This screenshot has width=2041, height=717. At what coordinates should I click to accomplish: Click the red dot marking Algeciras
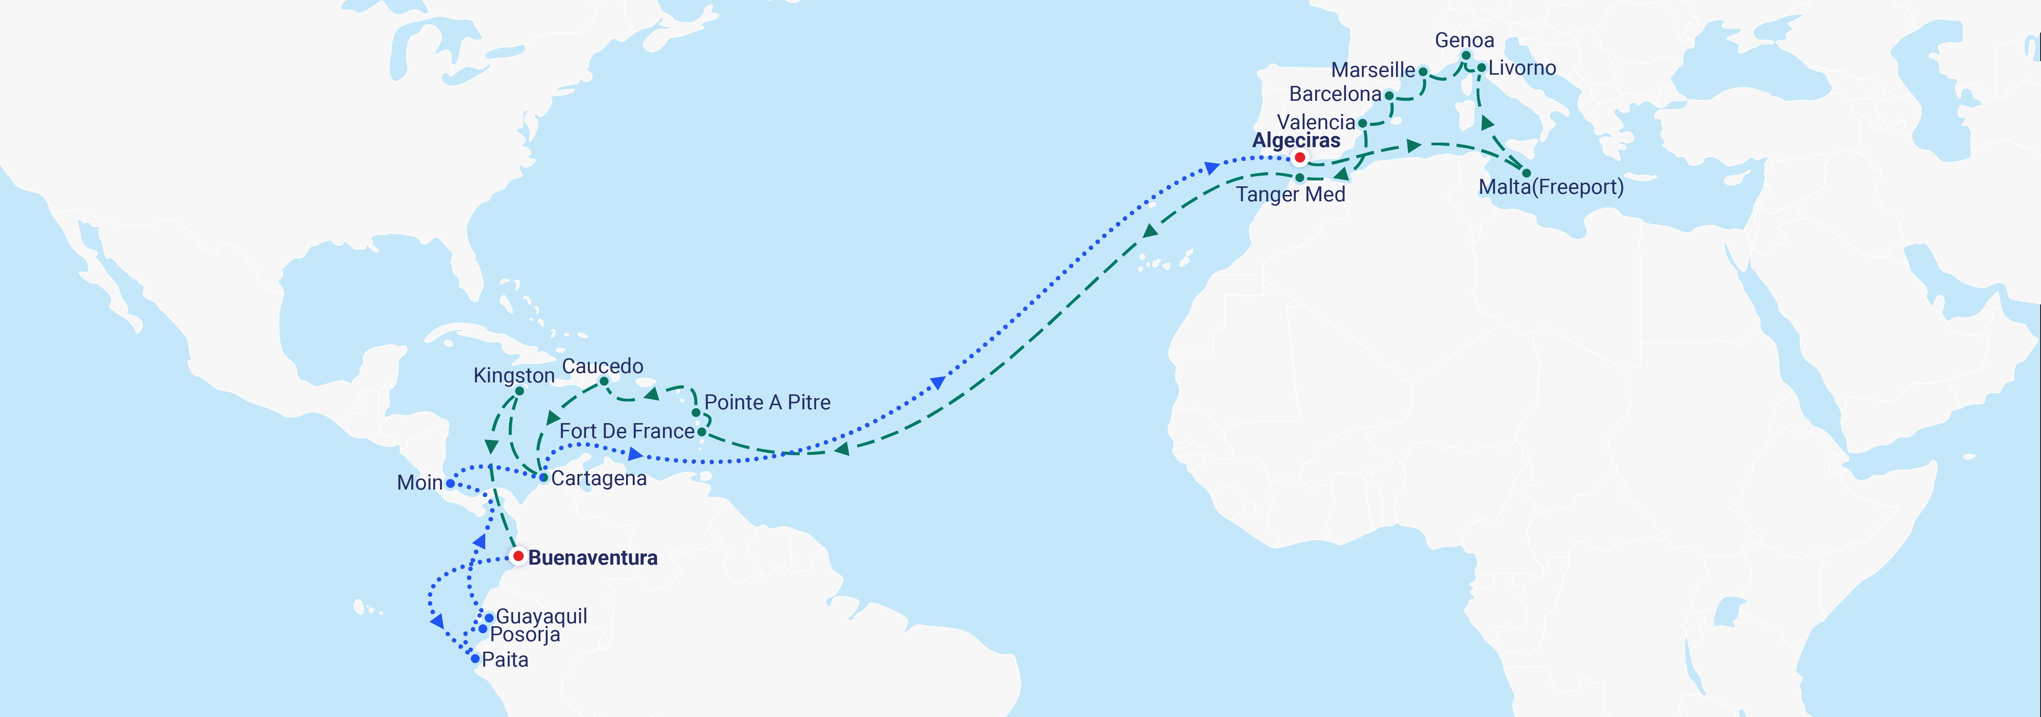click(1300, 158)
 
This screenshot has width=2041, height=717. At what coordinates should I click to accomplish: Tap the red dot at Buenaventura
click(518, 556)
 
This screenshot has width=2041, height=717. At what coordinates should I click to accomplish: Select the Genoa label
click(1464, 40)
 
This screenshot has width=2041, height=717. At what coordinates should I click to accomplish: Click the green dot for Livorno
click(1481, 67)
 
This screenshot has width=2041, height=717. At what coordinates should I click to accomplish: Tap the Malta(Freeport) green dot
click(1526, 173)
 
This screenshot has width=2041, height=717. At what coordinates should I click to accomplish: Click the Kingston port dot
click(519, 391)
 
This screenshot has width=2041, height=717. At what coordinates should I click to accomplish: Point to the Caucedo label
click(602, 366)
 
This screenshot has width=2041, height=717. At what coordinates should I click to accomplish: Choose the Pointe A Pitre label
click(767, 403)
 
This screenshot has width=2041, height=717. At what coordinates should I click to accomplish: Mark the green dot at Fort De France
click(701, 432)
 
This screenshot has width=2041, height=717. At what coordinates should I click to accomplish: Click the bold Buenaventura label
click(593, 558)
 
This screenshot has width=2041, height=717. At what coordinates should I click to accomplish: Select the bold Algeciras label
click(1296, 140)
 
